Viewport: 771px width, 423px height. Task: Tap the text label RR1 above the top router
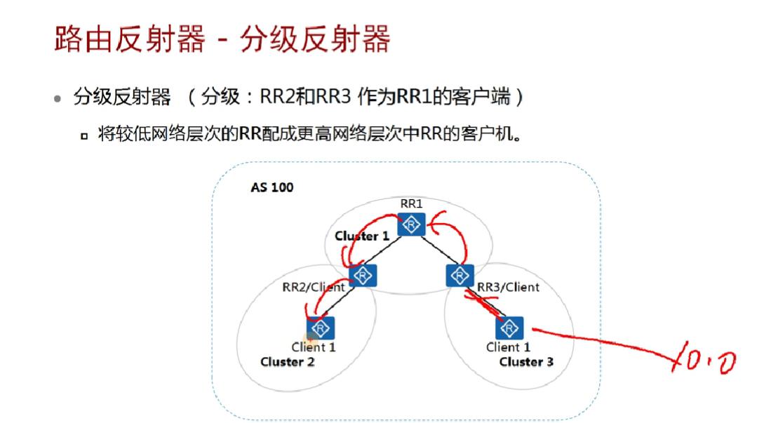tap(411, 203)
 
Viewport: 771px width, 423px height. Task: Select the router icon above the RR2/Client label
tap(363, 276)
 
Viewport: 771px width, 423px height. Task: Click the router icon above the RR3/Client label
tap(460, 276)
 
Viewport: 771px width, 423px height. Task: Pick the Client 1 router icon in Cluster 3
tap(509, 328)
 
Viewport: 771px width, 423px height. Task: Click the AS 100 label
tap(272, 187)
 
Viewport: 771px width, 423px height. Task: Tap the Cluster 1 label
tap(362, 236)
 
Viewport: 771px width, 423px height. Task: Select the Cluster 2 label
tap(288, 362)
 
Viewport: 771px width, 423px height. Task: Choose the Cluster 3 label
tap(526, 362)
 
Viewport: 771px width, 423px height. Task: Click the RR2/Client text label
tap(314, 287)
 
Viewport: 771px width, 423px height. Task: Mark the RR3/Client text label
tap(509, 287)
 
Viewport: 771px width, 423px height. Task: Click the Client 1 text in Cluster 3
tap(509, 347)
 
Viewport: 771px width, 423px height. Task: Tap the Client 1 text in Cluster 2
tap(314, 347)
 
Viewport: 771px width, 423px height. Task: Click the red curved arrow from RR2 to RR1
tap(368, 231)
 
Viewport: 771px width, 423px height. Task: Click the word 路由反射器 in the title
tap(130, 39)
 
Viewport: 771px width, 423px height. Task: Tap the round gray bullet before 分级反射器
tap(58, 99)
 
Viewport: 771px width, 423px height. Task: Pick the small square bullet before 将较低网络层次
tap(84, 135)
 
